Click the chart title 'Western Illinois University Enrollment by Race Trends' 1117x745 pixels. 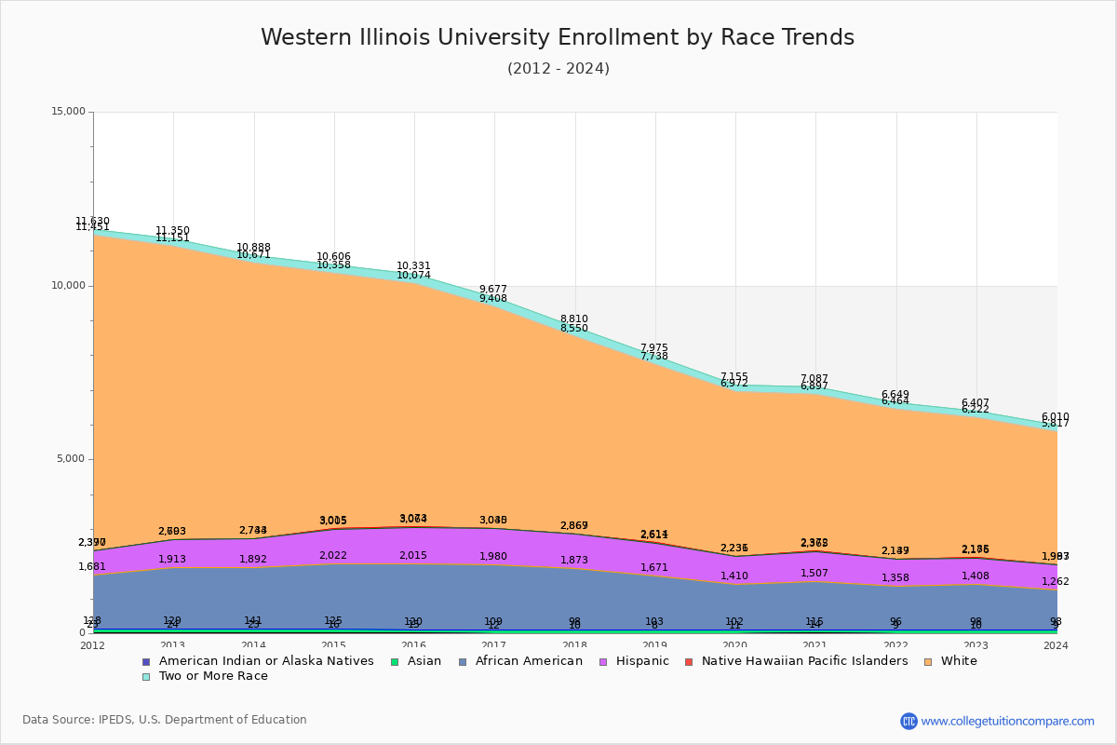click(557, 37)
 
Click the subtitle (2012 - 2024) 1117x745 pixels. click(558, 69)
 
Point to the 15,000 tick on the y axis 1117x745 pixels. click(67, 112)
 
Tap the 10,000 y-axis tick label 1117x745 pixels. click(67, 286)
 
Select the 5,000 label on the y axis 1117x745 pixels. click(71, 459)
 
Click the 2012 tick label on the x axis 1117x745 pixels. click(93, 645)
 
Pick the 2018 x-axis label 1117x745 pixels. click(574, 645)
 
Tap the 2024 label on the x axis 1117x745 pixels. click(1056, 645)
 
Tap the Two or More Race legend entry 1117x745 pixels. click(212, 676)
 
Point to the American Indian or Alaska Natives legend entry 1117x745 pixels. click(265, 661)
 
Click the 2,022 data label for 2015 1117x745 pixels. click(333, 556)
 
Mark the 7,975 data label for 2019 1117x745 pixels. click(654, 348)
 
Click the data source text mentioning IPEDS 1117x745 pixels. click(165, 720)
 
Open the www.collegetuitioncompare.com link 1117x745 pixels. click(1007, 721)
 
